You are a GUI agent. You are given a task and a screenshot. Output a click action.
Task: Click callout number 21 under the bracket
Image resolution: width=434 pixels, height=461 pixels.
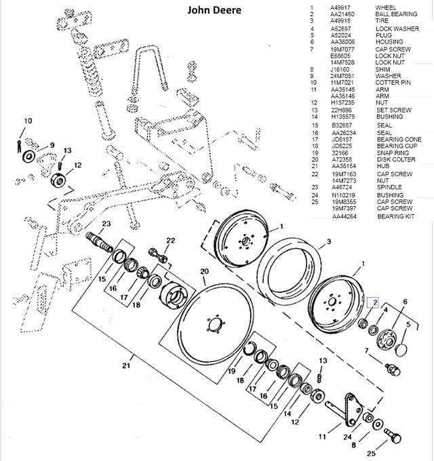(126, 367)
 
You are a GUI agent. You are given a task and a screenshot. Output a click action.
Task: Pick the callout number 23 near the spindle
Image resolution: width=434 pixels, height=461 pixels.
(106, 223)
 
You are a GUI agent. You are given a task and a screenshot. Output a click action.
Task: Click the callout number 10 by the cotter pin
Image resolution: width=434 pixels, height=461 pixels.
(27, 121)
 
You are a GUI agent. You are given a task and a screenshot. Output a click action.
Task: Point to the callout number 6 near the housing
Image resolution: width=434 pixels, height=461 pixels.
(405, 302)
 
